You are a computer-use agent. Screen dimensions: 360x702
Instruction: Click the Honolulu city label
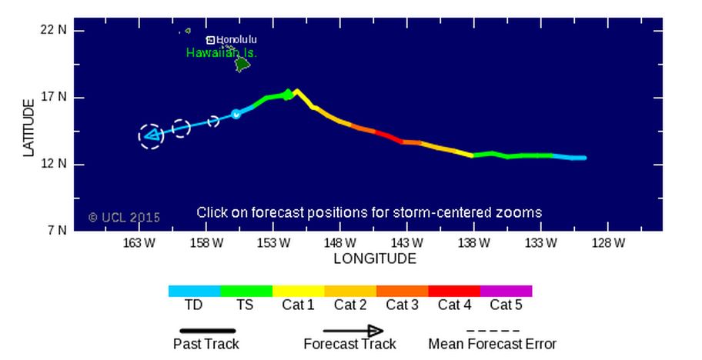[x=236, y=39]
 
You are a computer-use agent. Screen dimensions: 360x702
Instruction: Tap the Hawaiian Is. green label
[x=221, y=53]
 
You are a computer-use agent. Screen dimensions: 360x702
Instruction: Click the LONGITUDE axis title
[x=375, y=258]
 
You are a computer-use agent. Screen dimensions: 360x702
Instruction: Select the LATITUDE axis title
[x=30, y=127]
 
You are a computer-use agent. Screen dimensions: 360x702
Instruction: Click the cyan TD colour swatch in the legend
[x=194, y=292]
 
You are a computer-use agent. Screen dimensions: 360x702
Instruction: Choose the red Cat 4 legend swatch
[x=453, y=292]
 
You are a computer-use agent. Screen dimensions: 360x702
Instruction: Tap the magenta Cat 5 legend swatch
[x=506, y=292]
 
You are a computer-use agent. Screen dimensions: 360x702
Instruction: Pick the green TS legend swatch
[x=246, y=292]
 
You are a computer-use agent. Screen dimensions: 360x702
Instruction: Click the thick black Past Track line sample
[x=206, y=330]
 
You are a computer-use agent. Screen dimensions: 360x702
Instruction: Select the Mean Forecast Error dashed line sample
[x=492, y=330]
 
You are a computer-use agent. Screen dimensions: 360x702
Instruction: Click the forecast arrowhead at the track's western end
[x=151, y=136]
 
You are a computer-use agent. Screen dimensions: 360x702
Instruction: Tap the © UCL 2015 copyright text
[x=124, y=218]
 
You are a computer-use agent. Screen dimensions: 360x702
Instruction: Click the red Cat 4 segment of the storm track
[x=389, y=137]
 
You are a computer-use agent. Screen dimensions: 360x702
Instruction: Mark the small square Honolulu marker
[x=210, y=40]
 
